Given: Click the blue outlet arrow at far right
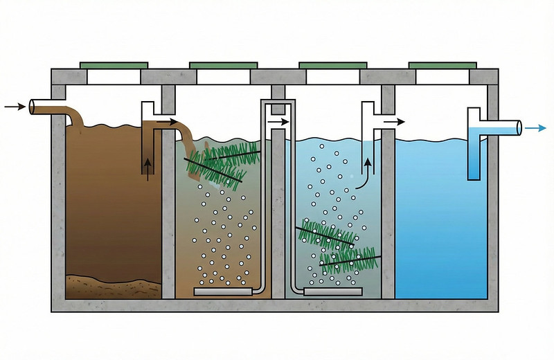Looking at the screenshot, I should (535, 128).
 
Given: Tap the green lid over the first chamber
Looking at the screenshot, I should (114, 65).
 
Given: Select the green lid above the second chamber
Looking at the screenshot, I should (222, 65).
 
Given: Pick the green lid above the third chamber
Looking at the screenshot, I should (332, 65).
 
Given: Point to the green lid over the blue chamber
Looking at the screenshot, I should (442, 65).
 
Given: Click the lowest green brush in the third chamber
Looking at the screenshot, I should (350, 260).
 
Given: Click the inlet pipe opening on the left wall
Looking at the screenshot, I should (33, 107).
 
